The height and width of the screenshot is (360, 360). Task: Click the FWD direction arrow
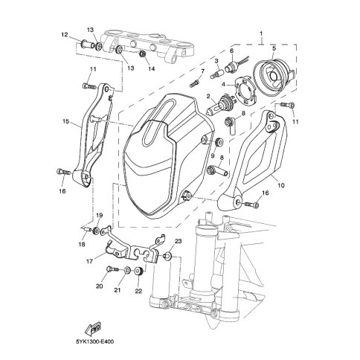[93, 328]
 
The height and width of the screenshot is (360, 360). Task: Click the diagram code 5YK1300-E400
[95, 342]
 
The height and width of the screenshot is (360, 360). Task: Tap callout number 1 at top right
[261, 33]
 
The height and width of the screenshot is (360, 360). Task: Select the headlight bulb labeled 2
[219, 104]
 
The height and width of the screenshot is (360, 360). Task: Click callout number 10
[281, 185]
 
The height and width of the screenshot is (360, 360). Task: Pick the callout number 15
[65, 121]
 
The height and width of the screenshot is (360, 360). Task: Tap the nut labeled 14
[143, 54]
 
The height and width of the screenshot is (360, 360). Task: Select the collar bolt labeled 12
[87, 45]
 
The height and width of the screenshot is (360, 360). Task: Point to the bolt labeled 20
[113, 269]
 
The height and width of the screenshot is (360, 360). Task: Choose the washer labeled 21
[127, 270]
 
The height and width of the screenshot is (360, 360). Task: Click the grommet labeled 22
[138, 271]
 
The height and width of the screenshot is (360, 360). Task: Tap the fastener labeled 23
[167, 255]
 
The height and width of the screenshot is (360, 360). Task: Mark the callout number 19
[99, 215]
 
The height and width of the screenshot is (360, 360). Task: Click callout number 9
[213, 155]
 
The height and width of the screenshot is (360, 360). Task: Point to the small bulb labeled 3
[217, 74]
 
